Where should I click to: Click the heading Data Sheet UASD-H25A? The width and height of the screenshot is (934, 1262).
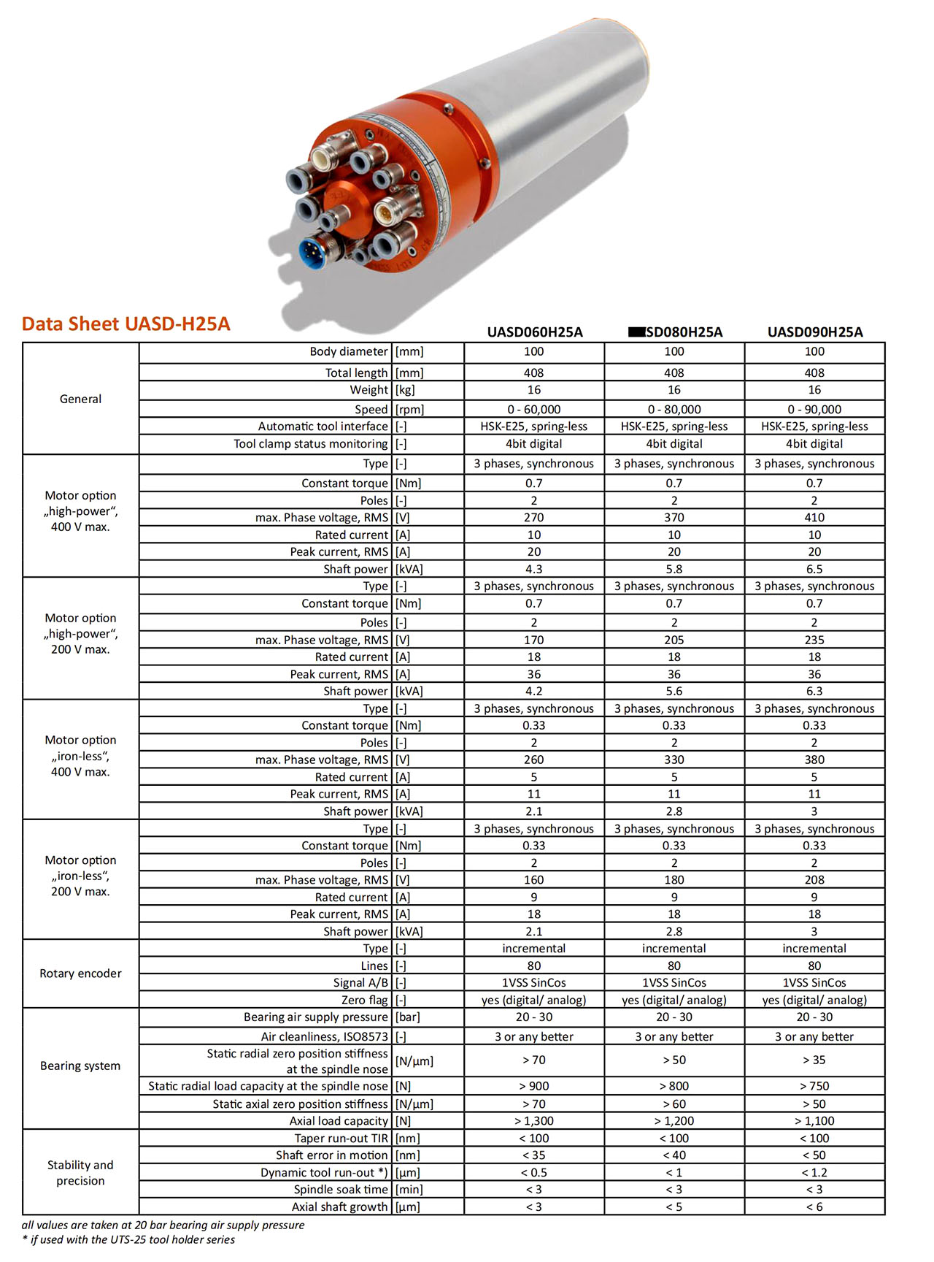coord(126,324)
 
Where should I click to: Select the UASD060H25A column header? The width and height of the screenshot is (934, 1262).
coord(535,332)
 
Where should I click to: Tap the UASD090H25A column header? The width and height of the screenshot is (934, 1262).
coord(815,332)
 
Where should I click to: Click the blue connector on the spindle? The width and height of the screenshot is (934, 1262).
coord(314,253)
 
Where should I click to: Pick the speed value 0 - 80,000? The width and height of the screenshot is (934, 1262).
coord(674,410)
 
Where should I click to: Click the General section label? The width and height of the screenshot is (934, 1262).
coord(80,399)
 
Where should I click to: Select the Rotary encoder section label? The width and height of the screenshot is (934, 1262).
coord(80,974)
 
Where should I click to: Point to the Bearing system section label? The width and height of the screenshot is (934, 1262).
coord(80,1066)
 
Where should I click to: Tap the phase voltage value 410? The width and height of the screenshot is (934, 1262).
coord(814,518)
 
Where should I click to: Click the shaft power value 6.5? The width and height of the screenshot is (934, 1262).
coord(814,569)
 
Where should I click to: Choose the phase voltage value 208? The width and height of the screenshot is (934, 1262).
coord(814,880)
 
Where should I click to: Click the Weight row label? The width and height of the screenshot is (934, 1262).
coord(368,390)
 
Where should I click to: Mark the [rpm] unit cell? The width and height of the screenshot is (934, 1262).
coord(409,410)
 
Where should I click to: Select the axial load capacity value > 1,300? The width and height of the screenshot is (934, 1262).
coord(534,1121)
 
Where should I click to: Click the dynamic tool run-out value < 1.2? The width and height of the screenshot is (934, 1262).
coord(814,1172)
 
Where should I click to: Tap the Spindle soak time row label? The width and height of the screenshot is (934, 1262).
coord(341,1190)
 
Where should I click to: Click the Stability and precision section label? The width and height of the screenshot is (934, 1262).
coord(80,1173)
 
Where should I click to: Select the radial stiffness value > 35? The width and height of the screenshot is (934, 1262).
coord(814,1060)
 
